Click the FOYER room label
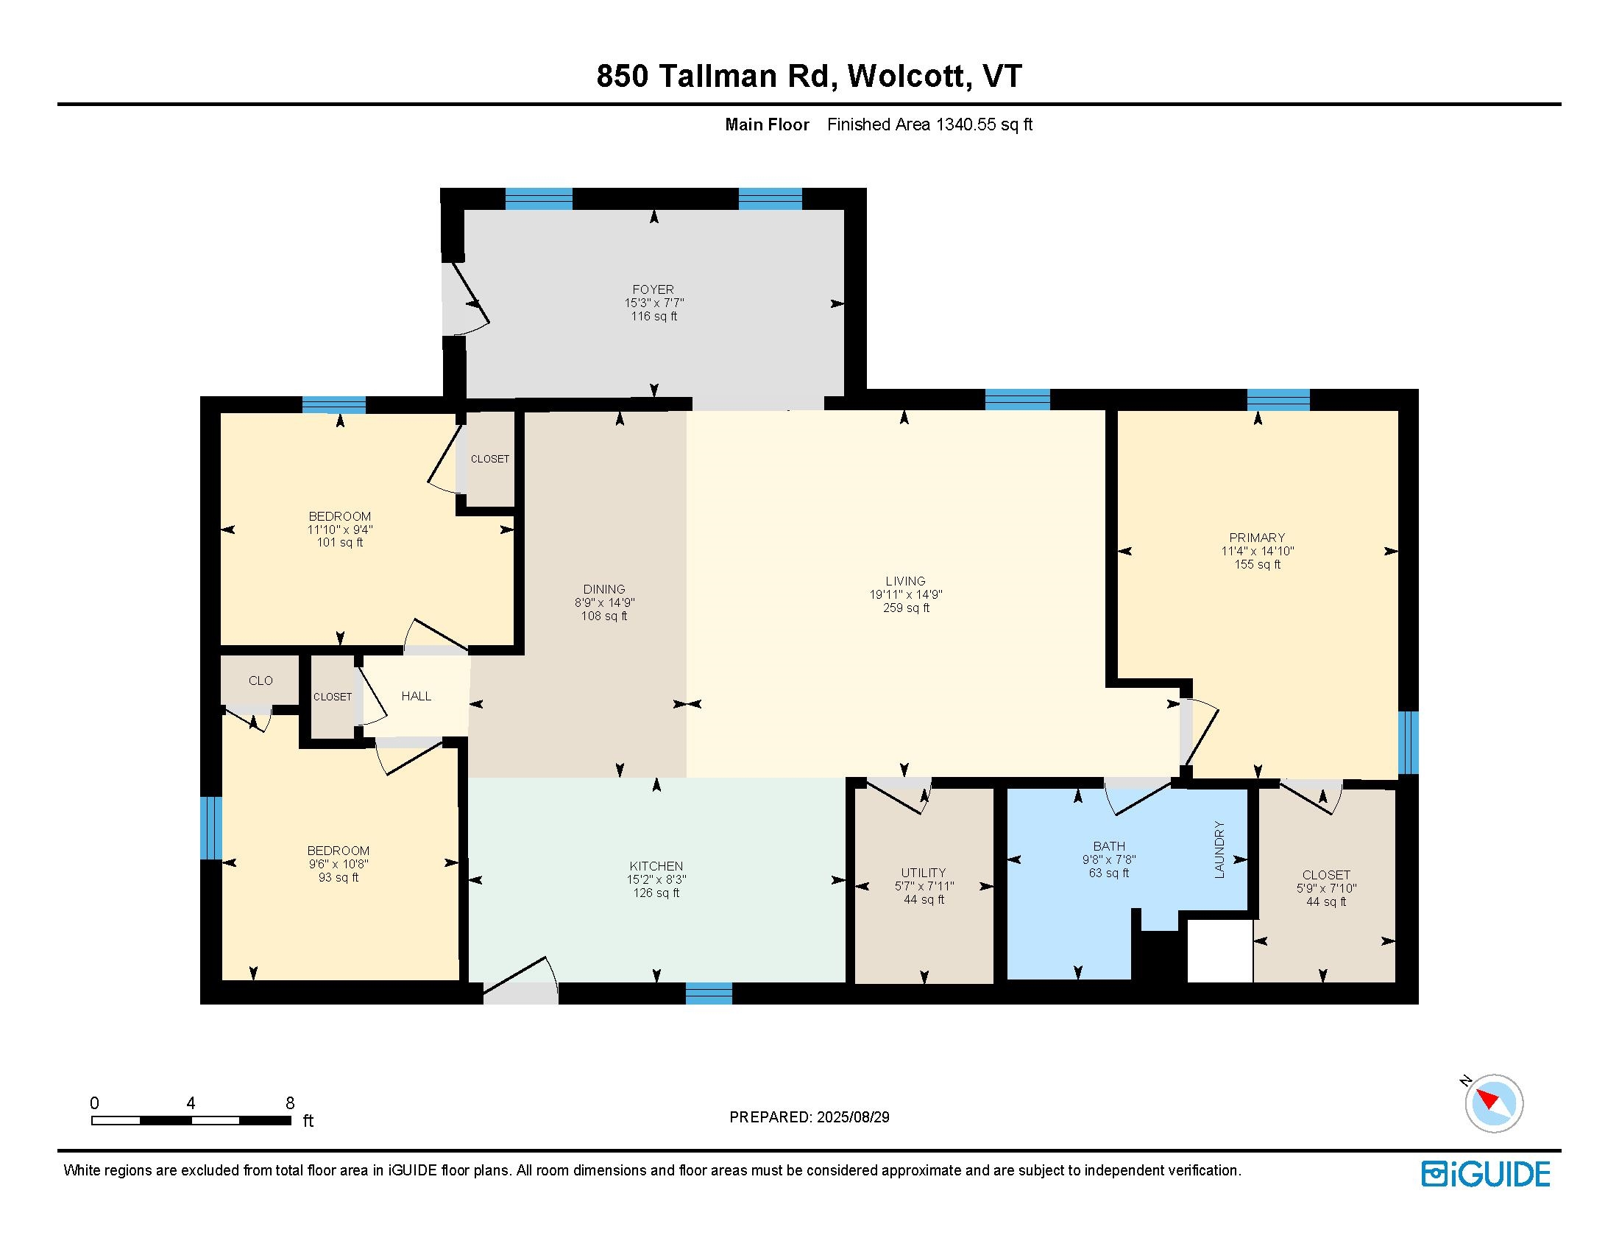pos(652,289)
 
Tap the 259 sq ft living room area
pos(905,608)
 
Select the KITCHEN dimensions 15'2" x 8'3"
pos(656,879)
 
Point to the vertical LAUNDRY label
pos(1219,849)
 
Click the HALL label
pos(416,696)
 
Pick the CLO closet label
pos(261,680)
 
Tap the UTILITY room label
pos(923,872)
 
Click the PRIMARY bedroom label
pos(1256,537)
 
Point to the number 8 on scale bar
pos(290,1103)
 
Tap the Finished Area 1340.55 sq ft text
pos(929,124)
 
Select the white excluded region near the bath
pos(1219,951)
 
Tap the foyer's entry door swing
pos(466,300)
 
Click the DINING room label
pos(603,589)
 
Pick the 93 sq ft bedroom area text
pos(338,877)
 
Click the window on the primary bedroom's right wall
pos(1407,742)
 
